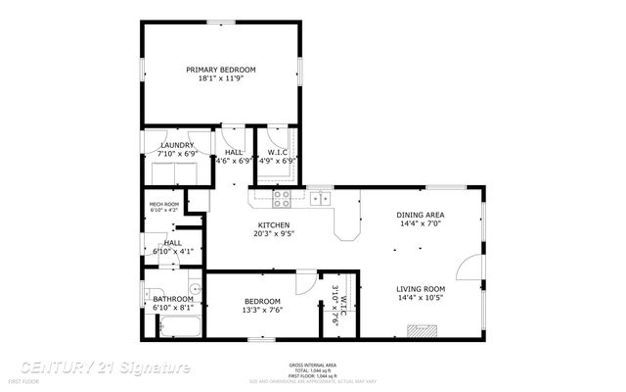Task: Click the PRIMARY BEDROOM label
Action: (221, 70)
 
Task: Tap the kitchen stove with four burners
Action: (282, 199)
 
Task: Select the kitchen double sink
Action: (320, 199)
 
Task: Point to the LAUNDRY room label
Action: (178, 145)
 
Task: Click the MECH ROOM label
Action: (163, 204)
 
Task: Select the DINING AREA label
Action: (421, 215)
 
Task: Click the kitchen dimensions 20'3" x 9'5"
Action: (273, 234)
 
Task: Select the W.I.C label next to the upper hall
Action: (277, 152)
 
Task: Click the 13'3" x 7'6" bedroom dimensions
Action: (262, 310)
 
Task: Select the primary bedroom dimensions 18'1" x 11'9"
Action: (221, 79)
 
